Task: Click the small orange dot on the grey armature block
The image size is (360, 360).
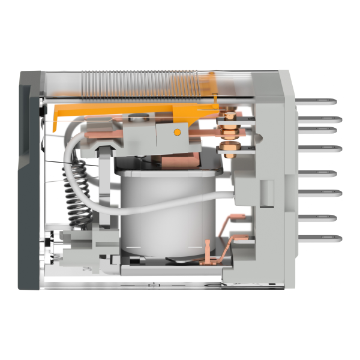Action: pyautogui.click(x=176, y=131)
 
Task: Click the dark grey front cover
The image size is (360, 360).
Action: pyautogui.click(x=29, y=180)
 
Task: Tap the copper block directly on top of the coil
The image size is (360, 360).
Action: pyautogui.click(x=186, y=159)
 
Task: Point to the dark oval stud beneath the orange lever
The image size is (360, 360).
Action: pyautogui.click(x=137, y=118)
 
